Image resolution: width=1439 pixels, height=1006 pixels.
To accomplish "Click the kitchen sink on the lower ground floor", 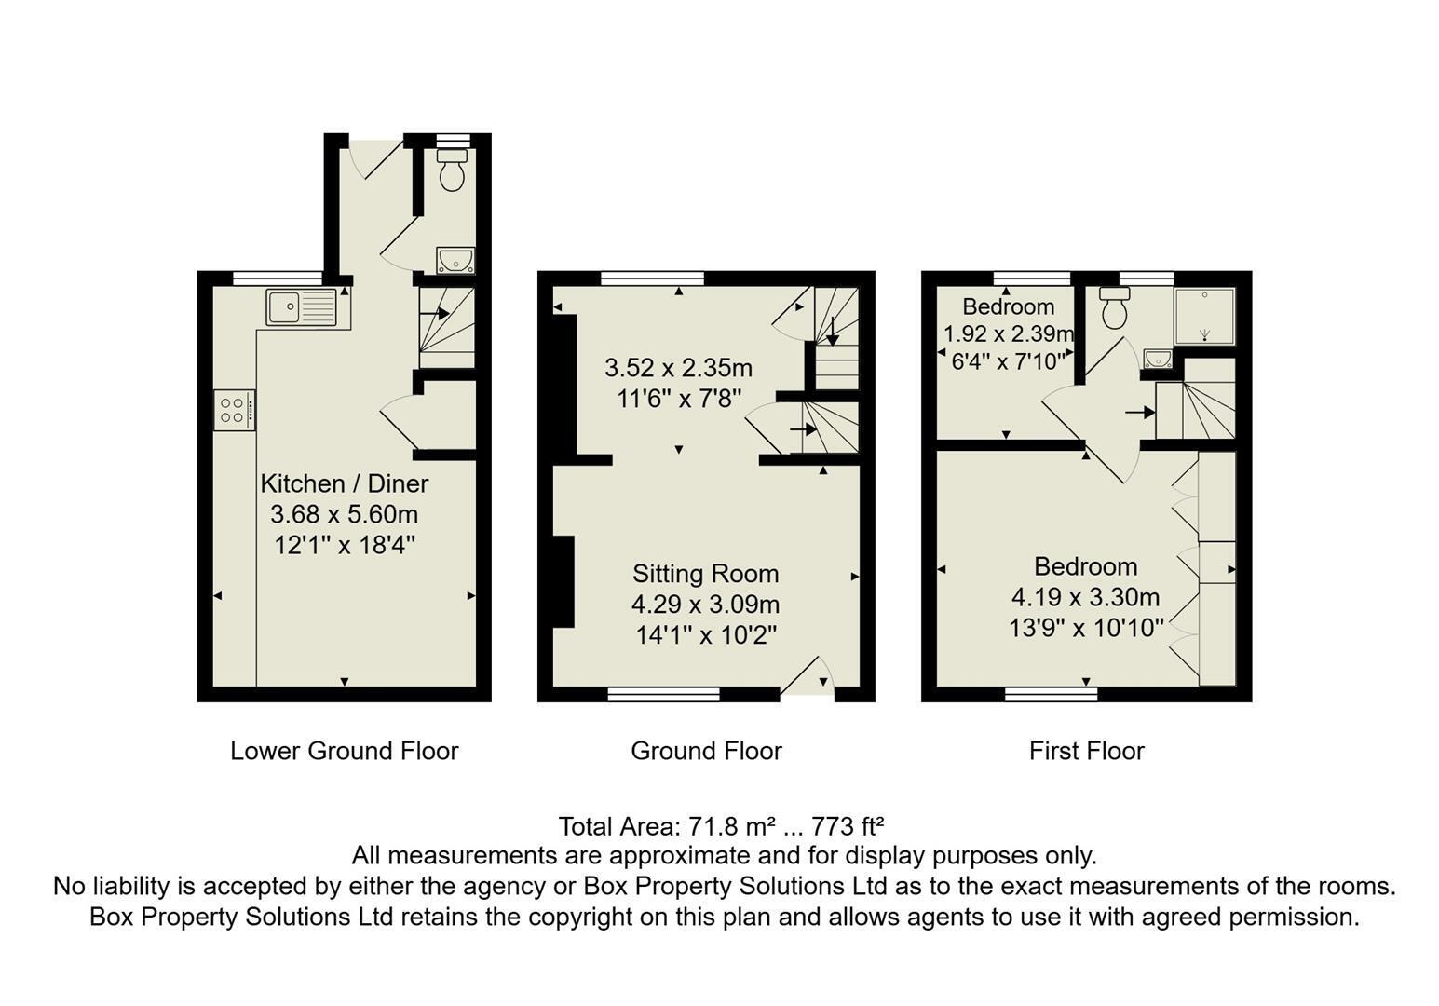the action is click(301, 306).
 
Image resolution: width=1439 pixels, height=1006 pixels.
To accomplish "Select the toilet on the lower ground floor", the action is click(453, 170).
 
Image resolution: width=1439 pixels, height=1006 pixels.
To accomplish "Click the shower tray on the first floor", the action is click(1204, 316).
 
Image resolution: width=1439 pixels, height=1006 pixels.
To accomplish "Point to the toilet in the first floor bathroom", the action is click(1115, 307).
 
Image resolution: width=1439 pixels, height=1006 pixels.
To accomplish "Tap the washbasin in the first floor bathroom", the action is click(1158, 358).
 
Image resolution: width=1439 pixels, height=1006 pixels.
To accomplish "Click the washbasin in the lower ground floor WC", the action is click(455, 260).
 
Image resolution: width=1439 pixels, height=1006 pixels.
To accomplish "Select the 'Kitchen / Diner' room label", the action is click(345, 483).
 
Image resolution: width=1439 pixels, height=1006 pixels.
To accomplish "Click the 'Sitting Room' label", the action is click(705, 574).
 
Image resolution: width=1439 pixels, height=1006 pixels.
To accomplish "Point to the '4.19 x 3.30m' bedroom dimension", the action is click(1086, 597).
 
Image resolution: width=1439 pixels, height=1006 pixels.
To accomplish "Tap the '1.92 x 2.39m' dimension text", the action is click(1009, 334).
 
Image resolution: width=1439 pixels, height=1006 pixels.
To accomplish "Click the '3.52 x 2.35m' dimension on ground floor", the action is click(678, 368).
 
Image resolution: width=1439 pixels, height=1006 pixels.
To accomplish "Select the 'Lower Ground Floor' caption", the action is click(345, 751).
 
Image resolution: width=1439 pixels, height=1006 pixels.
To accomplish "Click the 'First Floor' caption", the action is click(1087, 751).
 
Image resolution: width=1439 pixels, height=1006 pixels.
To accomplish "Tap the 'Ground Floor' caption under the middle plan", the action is click(707, 751).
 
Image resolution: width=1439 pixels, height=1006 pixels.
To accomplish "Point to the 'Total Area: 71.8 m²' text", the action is click(667, 826).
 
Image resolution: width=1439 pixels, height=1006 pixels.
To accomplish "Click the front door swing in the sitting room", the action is click(807, 676).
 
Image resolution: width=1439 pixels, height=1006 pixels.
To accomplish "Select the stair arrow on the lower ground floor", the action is click(434, 314).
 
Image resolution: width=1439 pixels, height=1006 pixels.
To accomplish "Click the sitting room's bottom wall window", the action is click(663, 694).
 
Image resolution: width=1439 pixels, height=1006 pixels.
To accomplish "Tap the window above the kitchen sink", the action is click(277, 279).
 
